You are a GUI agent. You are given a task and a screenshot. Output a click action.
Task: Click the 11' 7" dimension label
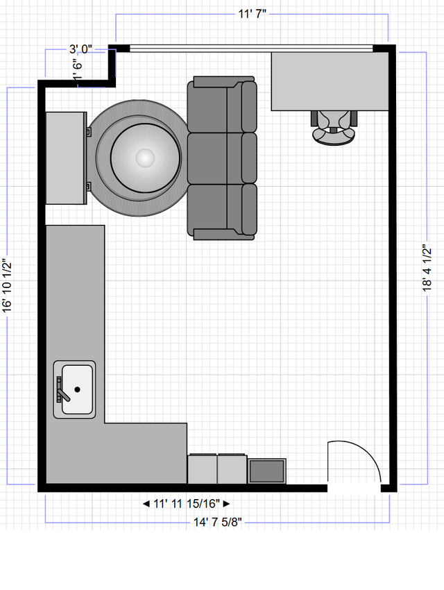[252, 14]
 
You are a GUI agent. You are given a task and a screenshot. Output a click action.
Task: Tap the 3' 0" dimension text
[80, 49]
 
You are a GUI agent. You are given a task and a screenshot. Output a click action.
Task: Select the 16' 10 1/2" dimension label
[7, 285]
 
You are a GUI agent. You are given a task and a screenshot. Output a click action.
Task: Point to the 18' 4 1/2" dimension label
[427, 268]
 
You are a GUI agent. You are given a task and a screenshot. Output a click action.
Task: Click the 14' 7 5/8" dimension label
[218, 522]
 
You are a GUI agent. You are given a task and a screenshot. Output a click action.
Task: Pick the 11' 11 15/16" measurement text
[187, 503]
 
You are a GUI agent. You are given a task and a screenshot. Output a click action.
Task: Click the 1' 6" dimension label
[78, 69]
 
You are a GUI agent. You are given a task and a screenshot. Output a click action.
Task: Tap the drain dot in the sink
[78, 389]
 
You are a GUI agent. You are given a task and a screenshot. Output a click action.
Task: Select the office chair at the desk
[334, 127]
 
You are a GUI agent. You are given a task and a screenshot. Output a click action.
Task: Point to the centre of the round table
[145, 158]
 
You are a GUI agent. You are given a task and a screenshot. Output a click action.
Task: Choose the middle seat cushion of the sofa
[222, 158]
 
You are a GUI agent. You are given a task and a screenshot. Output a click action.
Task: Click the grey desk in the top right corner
[330, 81]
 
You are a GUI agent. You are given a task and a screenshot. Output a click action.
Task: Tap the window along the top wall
[251, 48]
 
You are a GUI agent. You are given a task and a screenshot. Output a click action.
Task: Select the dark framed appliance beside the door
[267, 471]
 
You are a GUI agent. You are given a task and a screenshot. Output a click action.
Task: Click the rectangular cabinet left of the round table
[66, 158]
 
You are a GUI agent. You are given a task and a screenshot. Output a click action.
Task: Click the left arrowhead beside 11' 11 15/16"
[146, 503]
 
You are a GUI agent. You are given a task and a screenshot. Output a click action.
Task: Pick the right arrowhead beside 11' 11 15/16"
[226, 503]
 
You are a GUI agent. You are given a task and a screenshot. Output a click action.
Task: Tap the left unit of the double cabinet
[203, 469]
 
